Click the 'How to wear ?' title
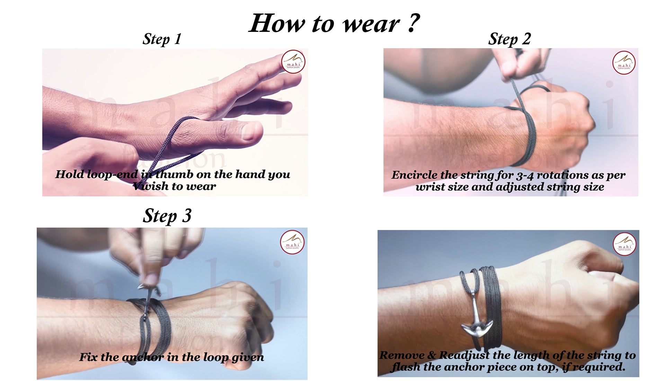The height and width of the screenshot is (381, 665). (x=334, y=24)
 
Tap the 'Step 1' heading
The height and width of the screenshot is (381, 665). (x=162, y=39)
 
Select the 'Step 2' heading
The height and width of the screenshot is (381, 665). (x=509, y=39)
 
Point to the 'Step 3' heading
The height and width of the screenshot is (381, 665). (x=167, y=216)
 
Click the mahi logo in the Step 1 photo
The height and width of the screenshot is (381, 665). (x=293, y=62)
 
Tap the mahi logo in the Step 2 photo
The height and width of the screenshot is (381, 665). (x=624, y=63)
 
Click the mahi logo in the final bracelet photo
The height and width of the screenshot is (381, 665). (x=624, y=244)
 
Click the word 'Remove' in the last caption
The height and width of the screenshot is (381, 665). (x=402, y=355)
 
